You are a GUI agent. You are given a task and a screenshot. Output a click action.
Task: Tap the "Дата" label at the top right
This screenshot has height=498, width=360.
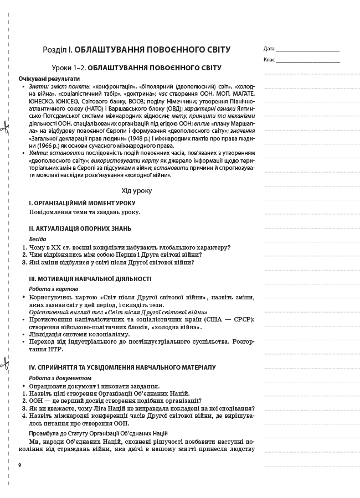click(269, 49)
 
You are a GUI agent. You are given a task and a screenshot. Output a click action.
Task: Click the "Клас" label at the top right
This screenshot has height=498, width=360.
click(269, 59)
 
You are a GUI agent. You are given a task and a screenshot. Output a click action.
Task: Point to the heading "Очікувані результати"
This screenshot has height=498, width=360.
click(45, 79)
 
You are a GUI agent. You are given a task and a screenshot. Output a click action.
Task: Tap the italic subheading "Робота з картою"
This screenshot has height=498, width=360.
click(53, 289)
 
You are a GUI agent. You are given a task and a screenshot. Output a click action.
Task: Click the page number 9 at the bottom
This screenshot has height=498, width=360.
click(19, 464)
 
